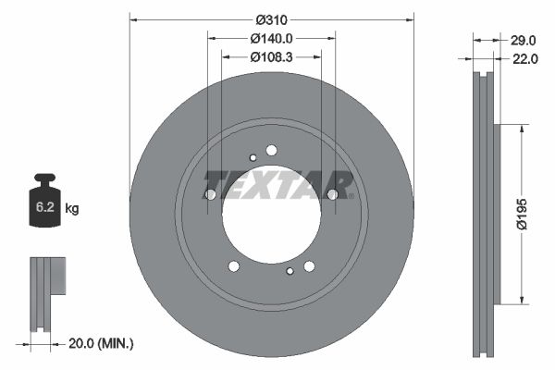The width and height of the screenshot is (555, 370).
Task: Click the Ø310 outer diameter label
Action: pyautogui.click(x=271, y=19)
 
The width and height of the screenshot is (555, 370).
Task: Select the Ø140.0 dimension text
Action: pyautogui.click(x=271, y=39)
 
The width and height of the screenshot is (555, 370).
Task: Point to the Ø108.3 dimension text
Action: pyautogui.click(x=271, y=57)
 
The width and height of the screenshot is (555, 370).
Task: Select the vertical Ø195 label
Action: pyautogui.click(x=524, y=214)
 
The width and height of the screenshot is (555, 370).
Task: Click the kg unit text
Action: pyautogui.click(x=72, y=210)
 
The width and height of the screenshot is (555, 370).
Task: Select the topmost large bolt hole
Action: pyautogui.click(x=271, y=150)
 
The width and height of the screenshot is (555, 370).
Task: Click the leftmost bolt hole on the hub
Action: pyautogui.click(x=210, y=194)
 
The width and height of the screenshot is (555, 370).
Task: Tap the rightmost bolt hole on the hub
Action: pyautogui.click(x=333, y=194)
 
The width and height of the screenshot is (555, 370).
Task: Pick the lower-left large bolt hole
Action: pyautogui.click(x=233, y=266)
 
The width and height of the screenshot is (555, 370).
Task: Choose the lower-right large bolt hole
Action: pyautogui.click(x=309, y=266)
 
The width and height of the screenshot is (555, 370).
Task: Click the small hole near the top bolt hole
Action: pyautogui.click(x=253, y=157)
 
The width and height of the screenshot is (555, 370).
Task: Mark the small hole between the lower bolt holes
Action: pyautogui.click(x=290, y=271)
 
